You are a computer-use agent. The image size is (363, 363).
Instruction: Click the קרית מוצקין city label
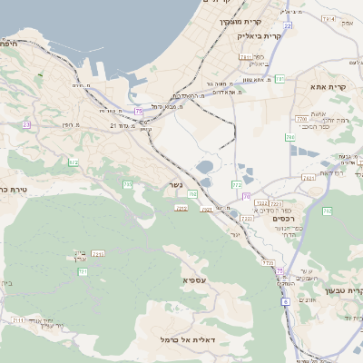click(240, 21)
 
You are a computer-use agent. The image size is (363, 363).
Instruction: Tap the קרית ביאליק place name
click(255, 36)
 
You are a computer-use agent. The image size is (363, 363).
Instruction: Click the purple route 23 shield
click(26, 124)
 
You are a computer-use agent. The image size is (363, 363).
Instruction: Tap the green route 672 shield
click(74, 162)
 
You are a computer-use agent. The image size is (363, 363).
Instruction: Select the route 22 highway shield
click(287, 27)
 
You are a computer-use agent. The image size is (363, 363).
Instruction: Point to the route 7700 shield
click(301, 119)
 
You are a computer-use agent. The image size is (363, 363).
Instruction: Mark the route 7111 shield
click(18, 320)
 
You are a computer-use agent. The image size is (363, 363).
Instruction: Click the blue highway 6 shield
click(285, 300)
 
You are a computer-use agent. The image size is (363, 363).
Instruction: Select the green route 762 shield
click(327, 211)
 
